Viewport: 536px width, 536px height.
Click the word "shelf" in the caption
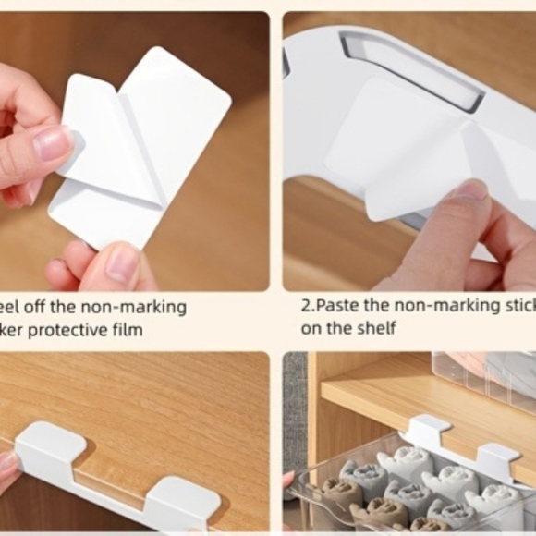[376, 329]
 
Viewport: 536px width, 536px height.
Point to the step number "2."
[307, 306]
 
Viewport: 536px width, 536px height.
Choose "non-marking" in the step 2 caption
[439, 306]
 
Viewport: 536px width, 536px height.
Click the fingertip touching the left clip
[7, 468]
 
